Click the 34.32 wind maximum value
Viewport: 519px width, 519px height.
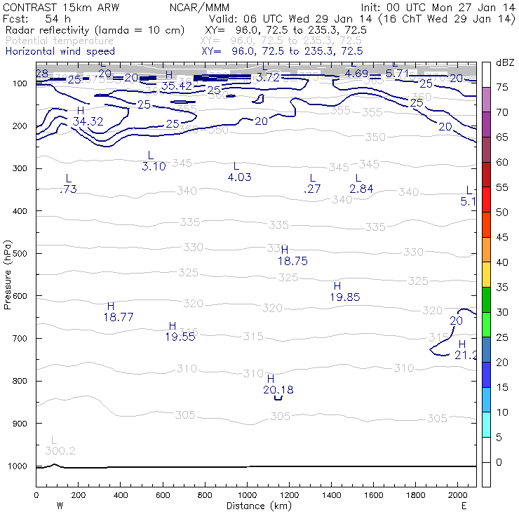tap(88, 121)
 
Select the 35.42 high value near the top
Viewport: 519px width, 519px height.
tap(176, 86)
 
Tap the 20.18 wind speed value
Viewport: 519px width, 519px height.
tap(278, 390)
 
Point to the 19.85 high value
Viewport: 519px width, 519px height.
tap(344, 297)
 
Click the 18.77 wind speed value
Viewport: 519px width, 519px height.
tap(119, 317)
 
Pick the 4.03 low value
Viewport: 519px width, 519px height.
tap(239, 177)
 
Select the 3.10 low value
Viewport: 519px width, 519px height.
tap(154, 166)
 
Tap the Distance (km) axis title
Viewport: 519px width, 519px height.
tap(256, 506)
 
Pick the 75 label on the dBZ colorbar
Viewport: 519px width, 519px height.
tap(502, 87)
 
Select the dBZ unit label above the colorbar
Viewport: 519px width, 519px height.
tap(504, 62)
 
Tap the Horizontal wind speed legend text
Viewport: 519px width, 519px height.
tap(60, 51)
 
